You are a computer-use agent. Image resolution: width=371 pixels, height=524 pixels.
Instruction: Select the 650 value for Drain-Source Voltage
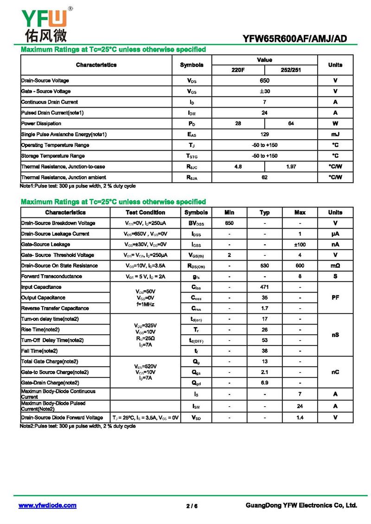tap(264, 81)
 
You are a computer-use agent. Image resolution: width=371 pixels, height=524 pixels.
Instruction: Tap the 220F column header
tap(238, 70)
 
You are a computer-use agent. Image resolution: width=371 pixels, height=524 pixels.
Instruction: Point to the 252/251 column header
tap(291, 70)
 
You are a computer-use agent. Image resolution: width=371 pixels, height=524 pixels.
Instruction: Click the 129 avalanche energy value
tap(264, 134)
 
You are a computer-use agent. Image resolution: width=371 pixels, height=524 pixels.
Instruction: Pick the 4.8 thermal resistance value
tap(238, 166)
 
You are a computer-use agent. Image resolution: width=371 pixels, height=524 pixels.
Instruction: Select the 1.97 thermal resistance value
tap(291, 166)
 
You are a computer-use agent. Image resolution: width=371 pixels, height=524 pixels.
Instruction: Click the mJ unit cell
tap(335, 134)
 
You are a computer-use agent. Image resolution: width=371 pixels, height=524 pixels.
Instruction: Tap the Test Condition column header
tap(146, 212)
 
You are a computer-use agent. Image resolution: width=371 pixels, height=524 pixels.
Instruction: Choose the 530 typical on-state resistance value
tap(265, 266)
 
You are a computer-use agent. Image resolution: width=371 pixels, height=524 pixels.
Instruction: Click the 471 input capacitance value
tap(265, 287)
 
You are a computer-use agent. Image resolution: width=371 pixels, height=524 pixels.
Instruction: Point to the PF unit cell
tap(335, 298)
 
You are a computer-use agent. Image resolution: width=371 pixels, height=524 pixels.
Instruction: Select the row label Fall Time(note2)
tap(39, 351)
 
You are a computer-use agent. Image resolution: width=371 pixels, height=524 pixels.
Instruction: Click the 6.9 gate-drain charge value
tap(265, 383)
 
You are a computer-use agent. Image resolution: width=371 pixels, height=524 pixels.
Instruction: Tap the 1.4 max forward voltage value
tap(300, 418)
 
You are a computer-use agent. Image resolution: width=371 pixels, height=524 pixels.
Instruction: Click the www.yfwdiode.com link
tap(47, 505)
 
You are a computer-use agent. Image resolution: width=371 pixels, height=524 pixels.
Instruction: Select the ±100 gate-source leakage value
tap(300, 244)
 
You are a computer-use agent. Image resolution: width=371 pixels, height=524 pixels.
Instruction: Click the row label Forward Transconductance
tap(51, 276)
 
